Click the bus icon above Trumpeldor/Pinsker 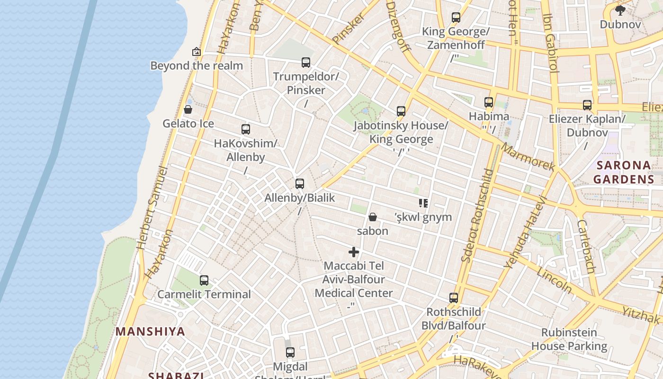[306, 62]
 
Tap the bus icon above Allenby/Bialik [300, 184]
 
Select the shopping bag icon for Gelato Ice [188, 109]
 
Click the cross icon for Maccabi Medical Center [354, 252]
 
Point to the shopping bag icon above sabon [373, 217]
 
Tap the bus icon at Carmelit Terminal [204, 280]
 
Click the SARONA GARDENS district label [624, 172]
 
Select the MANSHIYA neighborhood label [150, 331]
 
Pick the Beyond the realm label [197, 65]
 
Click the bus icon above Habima [489, 102]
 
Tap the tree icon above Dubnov [620, 10]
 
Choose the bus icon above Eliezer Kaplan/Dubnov [587, 105]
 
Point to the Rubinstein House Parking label [569, 339]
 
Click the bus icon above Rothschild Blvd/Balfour [454, 298]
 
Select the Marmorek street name [528, 157]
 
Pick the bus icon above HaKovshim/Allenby [246, 129]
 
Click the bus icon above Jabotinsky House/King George [401, 111]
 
